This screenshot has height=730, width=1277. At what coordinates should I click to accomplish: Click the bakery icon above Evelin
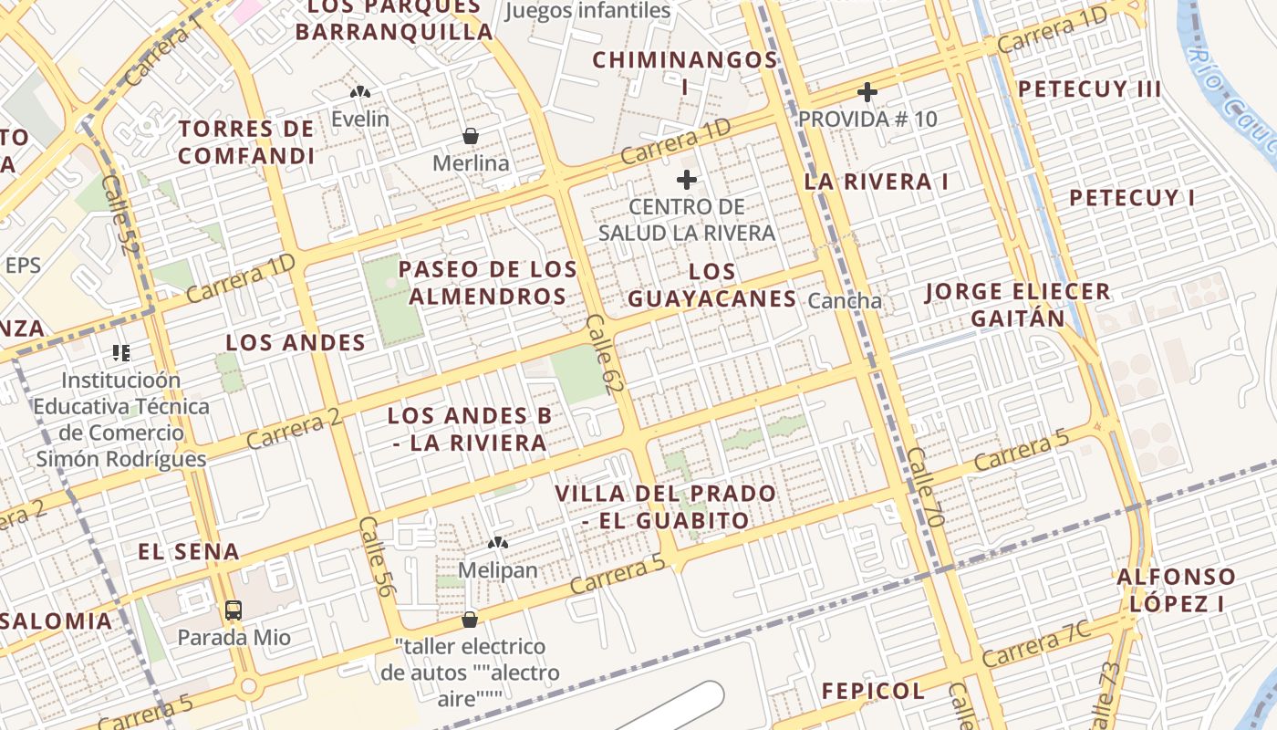[360, 92]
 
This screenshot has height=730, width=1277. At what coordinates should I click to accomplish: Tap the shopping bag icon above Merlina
[471, 137]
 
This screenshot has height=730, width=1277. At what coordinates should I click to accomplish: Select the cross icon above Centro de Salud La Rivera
[687, 180]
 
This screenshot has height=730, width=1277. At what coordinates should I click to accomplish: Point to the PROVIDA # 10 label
[867, 119]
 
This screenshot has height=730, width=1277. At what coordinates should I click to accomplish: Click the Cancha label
[846, 300]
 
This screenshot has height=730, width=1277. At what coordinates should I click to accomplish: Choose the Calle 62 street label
[599, 355]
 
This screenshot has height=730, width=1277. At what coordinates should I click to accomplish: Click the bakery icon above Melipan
[497, 543]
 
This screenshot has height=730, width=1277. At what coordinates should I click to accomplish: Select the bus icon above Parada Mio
[234, 610]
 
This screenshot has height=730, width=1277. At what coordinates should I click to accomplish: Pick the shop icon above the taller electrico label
[470, 620]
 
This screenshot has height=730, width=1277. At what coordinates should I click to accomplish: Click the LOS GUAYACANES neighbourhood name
[712, 285]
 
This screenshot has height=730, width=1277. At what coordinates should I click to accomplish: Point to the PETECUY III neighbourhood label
[1089, 89]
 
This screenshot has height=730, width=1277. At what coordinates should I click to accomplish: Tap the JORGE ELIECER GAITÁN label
[1017, 305]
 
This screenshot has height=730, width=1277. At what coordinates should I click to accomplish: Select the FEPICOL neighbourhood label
[873, 691]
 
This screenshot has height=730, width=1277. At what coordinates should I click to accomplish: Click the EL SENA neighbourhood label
[189, 551]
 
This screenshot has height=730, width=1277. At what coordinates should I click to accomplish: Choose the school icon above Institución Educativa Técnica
[121, 352]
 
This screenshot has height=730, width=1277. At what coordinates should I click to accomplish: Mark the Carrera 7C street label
[1036, 644]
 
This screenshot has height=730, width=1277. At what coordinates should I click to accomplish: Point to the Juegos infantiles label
[587, 11]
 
